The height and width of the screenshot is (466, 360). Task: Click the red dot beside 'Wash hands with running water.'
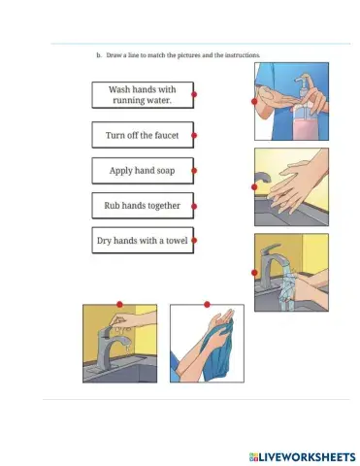195,94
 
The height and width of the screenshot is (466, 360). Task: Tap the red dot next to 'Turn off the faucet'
195,135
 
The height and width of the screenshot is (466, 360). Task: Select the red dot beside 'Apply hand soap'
195,171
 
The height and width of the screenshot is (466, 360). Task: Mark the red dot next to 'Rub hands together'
195,206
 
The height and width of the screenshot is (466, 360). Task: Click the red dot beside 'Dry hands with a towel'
195,240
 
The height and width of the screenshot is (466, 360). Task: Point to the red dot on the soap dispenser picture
254,100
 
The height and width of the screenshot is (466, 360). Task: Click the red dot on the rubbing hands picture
254,186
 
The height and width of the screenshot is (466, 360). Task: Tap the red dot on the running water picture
254,273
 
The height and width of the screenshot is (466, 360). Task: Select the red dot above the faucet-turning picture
119,303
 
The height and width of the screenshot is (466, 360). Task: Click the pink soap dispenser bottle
306,124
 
